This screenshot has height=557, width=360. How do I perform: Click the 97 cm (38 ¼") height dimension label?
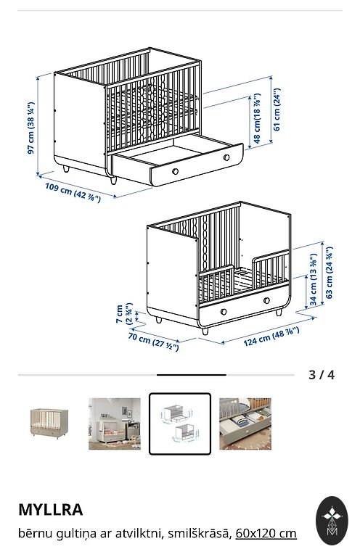tap(31, 128)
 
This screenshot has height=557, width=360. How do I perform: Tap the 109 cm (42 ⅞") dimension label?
tap(73, 191)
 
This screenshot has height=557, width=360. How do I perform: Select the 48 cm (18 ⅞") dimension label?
tap(258, 118)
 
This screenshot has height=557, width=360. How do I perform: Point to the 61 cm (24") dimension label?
tap(277, 110)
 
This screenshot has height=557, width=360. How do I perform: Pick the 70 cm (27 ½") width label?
tap(153, 342)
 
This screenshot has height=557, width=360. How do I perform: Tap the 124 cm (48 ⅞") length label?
tap(271, 337)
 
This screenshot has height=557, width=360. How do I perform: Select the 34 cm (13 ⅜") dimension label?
tap(313, 279)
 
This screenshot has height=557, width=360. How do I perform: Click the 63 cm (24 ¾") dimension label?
tap(329, 273)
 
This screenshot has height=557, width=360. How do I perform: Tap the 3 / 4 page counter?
tap(322, 375)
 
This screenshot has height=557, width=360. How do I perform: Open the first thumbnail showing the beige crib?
tap(49, 424)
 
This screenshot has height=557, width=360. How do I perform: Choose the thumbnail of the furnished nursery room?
tap(115, 424)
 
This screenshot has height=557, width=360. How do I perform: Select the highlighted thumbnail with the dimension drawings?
tap(180, 424)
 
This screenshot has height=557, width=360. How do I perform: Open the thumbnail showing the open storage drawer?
tap(245, 424)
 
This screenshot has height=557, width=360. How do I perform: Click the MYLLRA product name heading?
tap(51, 509)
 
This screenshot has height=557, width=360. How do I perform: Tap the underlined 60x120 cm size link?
tap(266, 533)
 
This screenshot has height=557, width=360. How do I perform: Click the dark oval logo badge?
tap(332, 521)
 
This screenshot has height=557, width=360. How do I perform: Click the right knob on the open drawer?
tap(226, 157)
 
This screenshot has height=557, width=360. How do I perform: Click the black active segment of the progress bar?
tap(192, 375)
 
